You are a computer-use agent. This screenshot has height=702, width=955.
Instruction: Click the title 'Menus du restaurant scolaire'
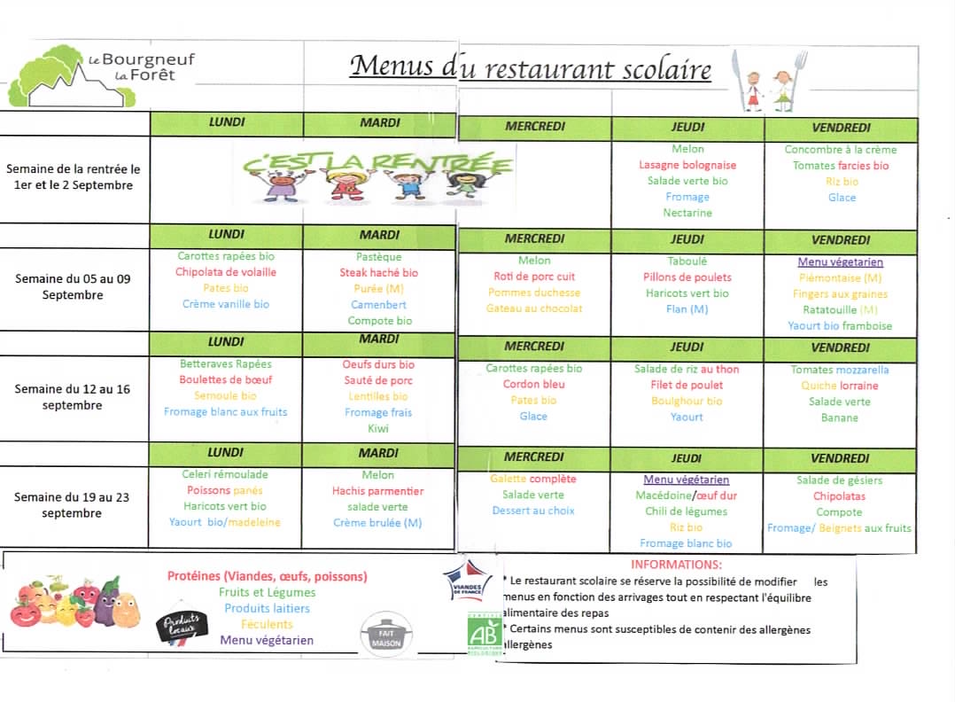530,67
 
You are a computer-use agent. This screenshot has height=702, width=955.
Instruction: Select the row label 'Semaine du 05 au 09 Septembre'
73,286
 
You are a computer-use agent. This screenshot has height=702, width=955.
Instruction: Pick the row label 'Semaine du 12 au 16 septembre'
73,397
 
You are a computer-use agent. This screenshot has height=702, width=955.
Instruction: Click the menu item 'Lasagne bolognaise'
687,166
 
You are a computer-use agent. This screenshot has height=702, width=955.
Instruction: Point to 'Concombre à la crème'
840,150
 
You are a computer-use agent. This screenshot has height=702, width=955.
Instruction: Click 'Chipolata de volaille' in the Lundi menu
226,272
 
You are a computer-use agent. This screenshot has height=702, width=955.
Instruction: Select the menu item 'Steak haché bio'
378,273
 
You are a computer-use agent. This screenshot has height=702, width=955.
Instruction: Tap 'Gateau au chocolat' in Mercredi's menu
534,308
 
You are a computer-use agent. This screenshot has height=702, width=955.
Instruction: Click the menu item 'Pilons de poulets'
687,277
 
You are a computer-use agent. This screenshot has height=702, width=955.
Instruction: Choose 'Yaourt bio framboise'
840,325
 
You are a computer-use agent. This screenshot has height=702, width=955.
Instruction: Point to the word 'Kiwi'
378,428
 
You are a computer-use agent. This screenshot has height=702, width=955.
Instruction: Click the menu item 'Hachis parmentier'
378,491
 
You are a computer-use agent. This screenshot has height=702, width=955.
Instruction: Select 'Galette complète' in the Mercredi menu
533,479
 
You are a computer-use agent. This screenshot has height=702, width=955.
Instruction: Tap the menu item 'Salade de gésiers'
839,480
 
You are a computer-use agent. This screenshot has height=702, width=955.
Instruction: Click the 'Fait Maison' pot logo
386,635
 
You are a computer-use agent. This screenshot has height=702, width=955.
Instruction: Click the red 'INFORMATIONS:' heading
676,565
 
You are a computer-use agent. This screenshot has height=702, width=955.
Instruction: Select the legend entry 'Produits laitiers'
267,608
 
